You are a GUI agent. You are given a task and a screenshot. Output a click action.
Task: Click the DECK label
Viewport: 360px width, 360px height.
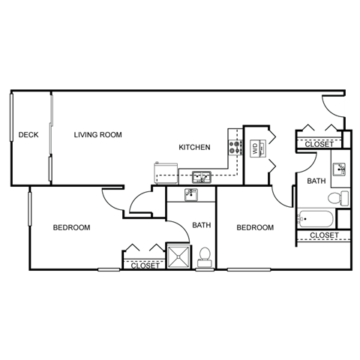click(x=28, y=135)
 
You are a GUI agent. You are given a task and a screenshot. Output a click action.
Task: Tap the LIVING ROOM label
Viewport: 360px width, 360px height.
click(x=97, y=135)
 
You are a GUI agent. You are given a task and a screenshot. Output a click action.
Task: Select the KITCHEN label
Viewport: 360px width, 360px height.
click(x=193, y=147)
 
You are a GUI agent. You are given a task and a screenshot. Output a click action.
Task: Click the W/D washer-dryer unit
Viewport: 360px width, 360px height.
click(x=254, y=148)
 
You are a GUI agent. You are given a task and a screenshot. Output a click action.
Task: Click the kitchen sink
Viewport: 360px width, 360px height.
click(x=200, y=178)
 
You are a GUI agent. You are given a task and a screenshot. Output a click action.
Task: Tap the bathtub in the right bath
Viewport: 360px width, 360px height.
click(x=316, y=220)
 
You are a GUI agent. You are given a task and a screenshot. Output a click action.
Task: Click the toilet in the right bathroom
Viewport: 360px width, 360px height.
click(x=341, y=198)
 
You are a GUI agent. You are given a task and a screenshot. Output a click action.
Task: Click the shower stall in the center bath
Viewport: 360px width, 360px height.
click(x=178, y=255)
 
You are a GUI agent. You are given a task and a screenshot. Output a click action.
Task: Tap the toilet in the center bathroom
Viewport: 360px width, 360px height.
click(x=203, y=256)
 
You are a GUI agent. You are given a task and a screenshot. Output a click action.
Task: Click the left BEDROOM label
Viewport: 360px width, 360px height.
click(x=71, y=227)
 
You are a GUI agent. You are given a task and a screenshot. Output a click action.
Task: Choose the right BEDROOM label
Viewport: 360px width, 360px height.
click(x=254, y=227)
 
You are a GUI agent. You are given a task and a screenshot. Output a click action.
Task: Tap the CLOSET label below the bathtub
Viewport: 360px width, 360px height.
click(x=323, y=235)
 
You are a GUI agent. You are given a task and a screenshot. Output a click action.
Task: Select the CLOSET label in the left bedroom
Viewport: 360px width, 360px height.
click(x=144, y=265)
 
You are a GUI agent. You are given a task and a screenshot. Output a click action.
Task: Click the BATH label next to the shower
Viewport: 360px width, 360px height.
click(x=201, y=225)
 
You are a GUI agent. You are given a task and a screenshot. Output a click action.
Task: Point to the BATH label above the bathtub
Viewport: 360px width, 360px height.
click(x=315, y=181)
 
